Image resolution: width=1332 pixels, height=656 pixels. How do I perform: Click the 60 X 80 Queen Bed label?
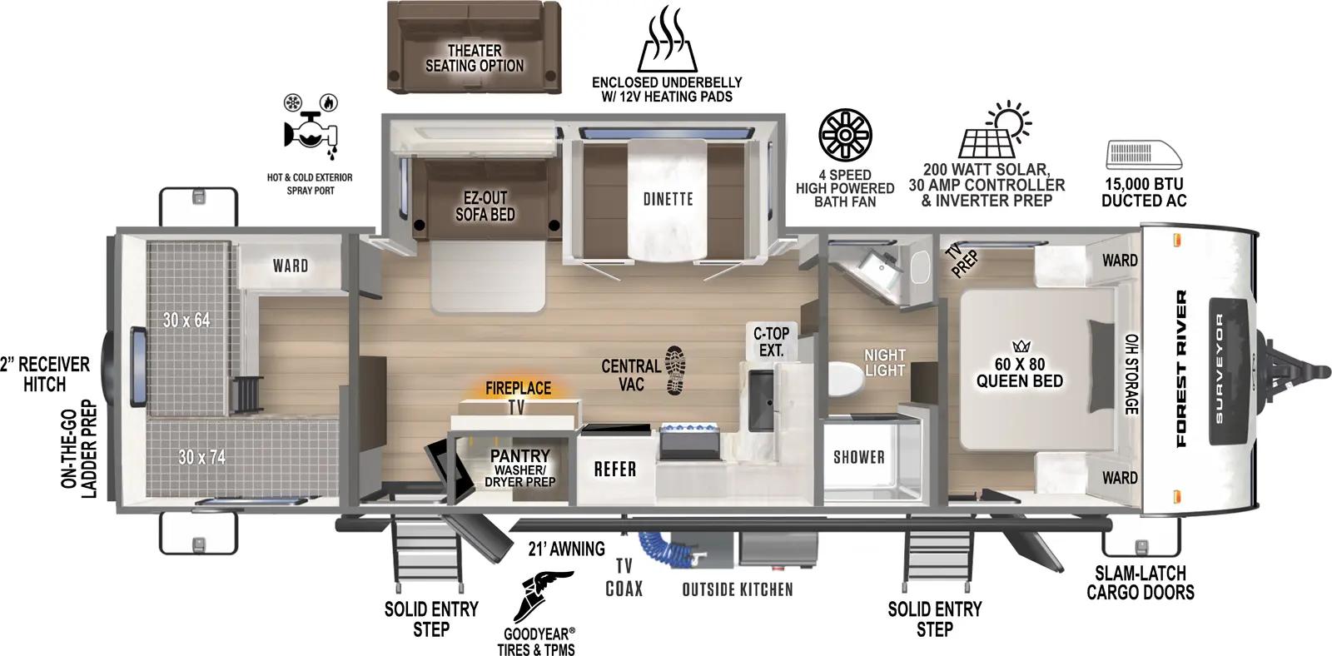(x=1019, y=372)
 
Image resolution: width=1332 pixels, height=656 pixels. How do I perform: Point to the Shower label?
(x=858, y=456)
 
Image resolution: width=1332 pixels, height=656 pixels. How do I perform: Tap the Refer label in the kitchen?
(x=614, y=470)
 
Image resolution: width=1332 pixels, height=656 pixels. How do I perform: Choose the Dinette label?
(x=668, y=199)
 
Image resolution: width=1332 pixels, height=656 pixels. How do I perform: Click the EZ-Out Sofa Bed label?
(x=485, y=206)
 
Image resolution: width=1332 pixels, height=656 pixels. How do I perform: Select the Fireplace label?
(x=518, y=388)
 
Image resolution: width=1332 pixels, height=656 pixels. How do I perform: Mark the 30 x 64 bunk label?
(x=186, y=320)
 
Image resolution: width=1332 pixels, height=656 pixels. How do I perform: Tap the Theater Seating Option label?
(x=475, y=57)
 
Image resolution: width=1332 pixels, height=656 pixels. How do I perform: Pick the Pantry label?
(x=519, y=455)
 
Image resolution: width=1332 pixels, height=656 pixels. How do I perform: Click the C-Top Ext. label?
(x=771, y=342)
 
